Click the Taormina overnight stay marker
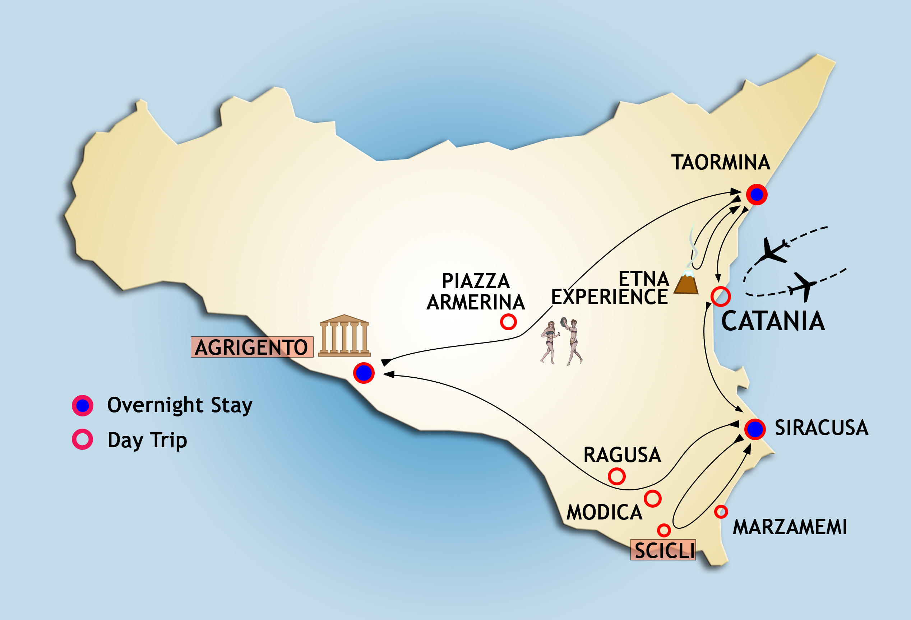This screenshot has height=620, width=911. tap(757, 194)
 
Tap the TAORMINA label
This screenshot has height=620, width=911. tap(721, 163)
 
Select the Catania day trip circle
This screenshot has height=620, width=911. tap(721, 297)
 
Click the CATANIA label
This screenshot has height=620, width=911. tap(773, 321)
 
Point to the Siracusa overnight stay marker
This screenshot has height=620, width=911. tap(755, 429)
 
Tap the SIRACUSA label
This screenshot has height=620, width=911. tap(821, 428)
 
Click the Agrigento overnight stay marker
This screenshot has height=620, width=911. tap(364, 373)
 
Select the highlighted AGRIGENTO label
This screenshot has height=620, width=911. tap(252, 347)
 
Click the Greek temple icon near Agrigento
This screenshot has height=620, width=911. tap(344, 336)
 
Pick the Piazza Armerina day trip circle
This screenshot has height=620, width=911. tap(508, 322)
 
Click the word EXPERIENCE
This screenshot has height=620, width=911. tap(609, 297)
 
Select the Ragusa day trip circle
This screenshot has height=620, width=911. tap(616, 476)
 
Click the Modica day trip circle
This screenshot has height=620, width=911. tap(653, 499)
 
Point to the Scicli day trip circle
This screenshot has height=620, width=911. tap(663, 530)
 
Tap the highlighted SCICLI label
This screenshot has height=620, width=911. tap(663, 550)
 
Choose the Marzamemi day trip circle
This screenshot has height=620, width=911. tap(721, 512)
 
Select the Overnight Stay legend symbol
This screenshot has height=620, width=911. tap(82, 405)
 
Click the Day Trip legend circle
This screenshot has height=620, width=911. tap(82, 439)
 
